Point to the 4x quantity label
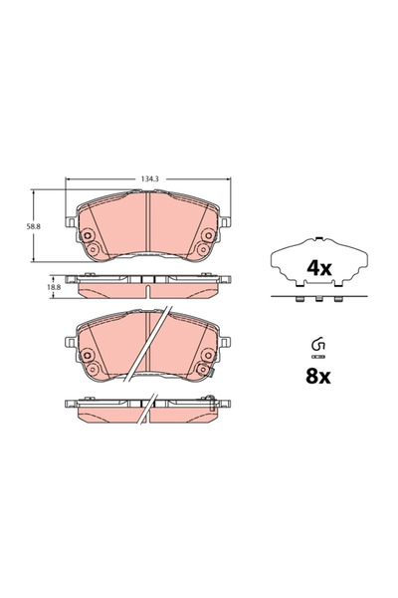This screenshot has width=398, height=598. click(317, 267)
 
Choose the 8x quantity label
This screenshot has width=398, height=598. click(317, 378)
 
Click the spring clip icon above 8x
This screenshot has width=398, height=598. click(317, 349)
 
